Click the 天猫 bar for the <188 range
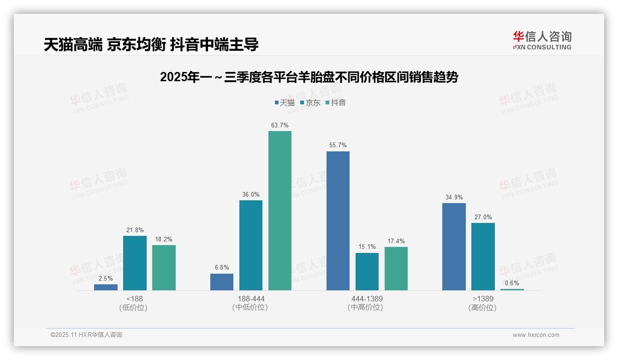[x=106, y=287]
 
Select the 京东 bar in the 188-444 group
[x=250, y=245]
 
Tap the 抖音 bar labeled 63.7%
[x=280, y=210]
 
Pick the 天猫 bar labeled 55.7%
[x=338, y=221]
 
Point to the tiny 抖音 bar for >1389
[x=512, y=289]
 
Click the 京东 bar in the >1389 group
[x=483, y=257]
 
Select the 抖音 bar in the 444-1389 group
[x=396, y=269]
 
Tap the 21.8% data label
[x=135, y=230]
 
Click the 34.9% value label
[x=454, y=197]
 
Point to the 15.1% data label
[x=367, y=247]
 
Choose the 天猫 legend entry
[x=285, y=102]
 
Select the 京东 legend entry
[x=310, y=102]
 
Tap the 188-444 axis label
[x=251, y=299]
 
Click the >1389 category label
[x=482, y=299]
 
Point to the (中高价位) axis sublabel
[x=367, y=307]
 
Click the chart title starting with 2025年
[x=309, y=77]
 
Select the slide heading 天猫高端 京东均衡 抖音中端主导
[x=151, y=44]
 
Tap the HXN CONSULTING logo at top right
[x=542, y=40]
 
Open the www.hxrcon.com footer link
[x=536, y=335]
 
